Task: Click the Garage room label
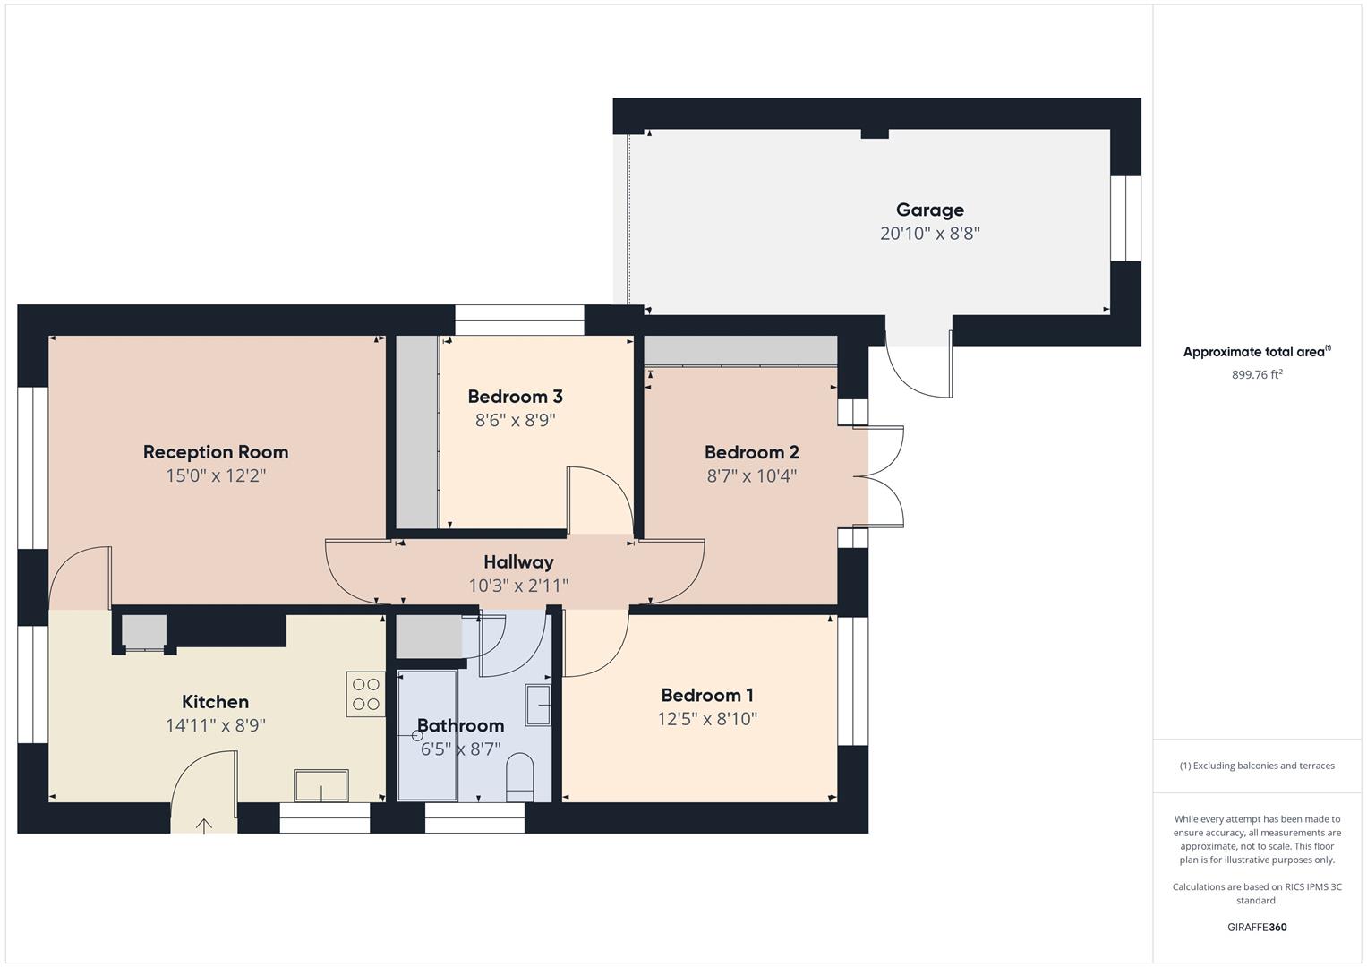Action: click(929, 210)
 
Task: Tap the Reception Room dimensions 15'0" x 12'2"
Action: click(216, 475)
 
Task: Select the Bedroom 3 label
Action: click(515, 397)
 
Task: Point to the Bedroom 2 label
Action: click(751, 452)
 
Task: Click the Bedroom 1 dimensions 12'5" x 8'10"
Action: click(707, 719)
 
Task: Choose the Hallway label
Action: click(518, 562)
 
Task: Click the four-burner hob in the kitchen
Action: click(365, 695)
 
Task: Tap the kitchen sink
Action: click(321, 785)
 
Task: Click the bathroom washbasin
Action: click(539, 704)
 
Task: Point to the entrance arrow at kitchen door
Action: click(204, 826)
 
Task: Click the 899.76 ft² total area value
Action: click(1257, 375)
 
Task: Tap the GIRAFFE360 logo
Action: click(1257, 928)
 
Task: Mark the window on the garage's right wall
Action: click(1125, 218)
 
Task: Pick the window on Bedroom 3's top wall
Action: click(519, 320)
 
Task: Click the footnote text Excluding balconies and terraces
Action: click(1257, 766)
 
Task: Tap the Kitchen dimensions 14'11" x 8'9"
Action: click(216, 725)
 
